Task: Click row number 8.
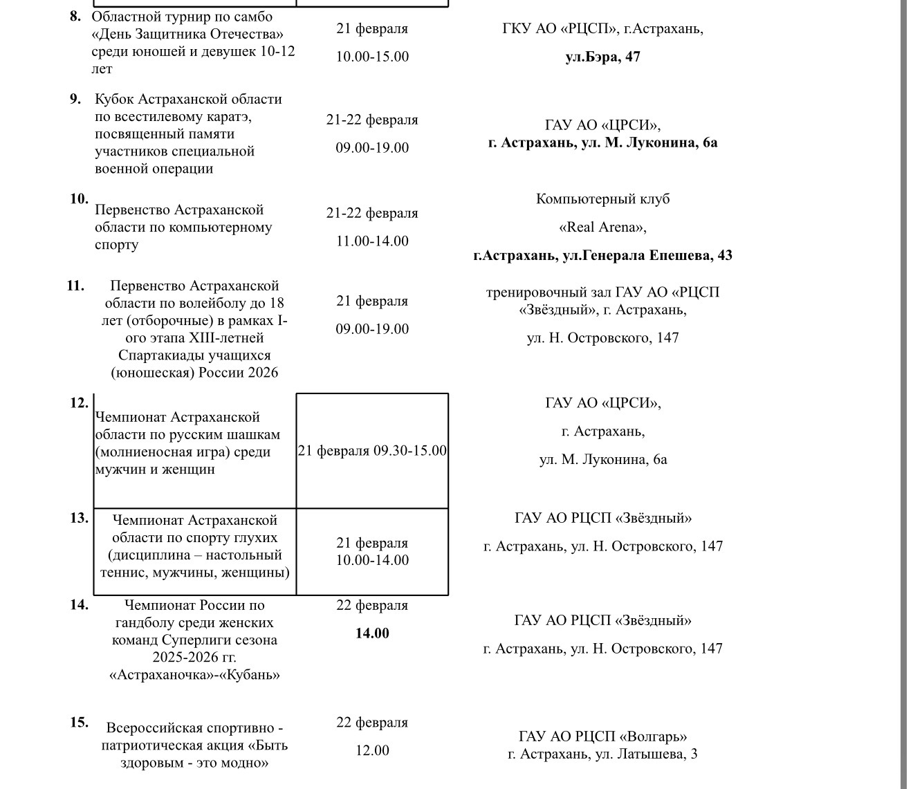tap(75, 17)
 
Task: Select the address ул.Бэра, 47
tap(602, 57)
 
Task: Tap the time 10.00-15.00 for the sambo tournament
tap(372, 57)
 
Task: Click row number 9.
tap(75, 99)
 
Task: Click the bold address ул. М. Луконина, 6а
tap(643, 143)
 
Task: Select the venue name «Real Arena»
tap(602, 228)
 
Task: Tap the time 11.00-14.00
tap(372, 241)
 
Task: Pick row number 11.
tap(75, 286)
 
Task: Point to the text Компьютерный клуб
tap(602, 199)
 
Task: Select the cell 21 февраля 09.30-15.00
tap(372, 451)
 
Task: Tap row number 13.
tap(79, 518)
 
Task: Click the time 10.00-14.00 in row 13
tap(372, 560)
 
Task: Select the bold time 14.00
tap(372, 633)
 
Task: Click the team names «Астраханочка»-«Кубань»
tap(194, 675)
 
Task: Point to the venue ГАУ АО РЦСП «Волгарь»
tap(602, 736)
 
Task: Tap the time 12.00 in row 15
tap(372, 750)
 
